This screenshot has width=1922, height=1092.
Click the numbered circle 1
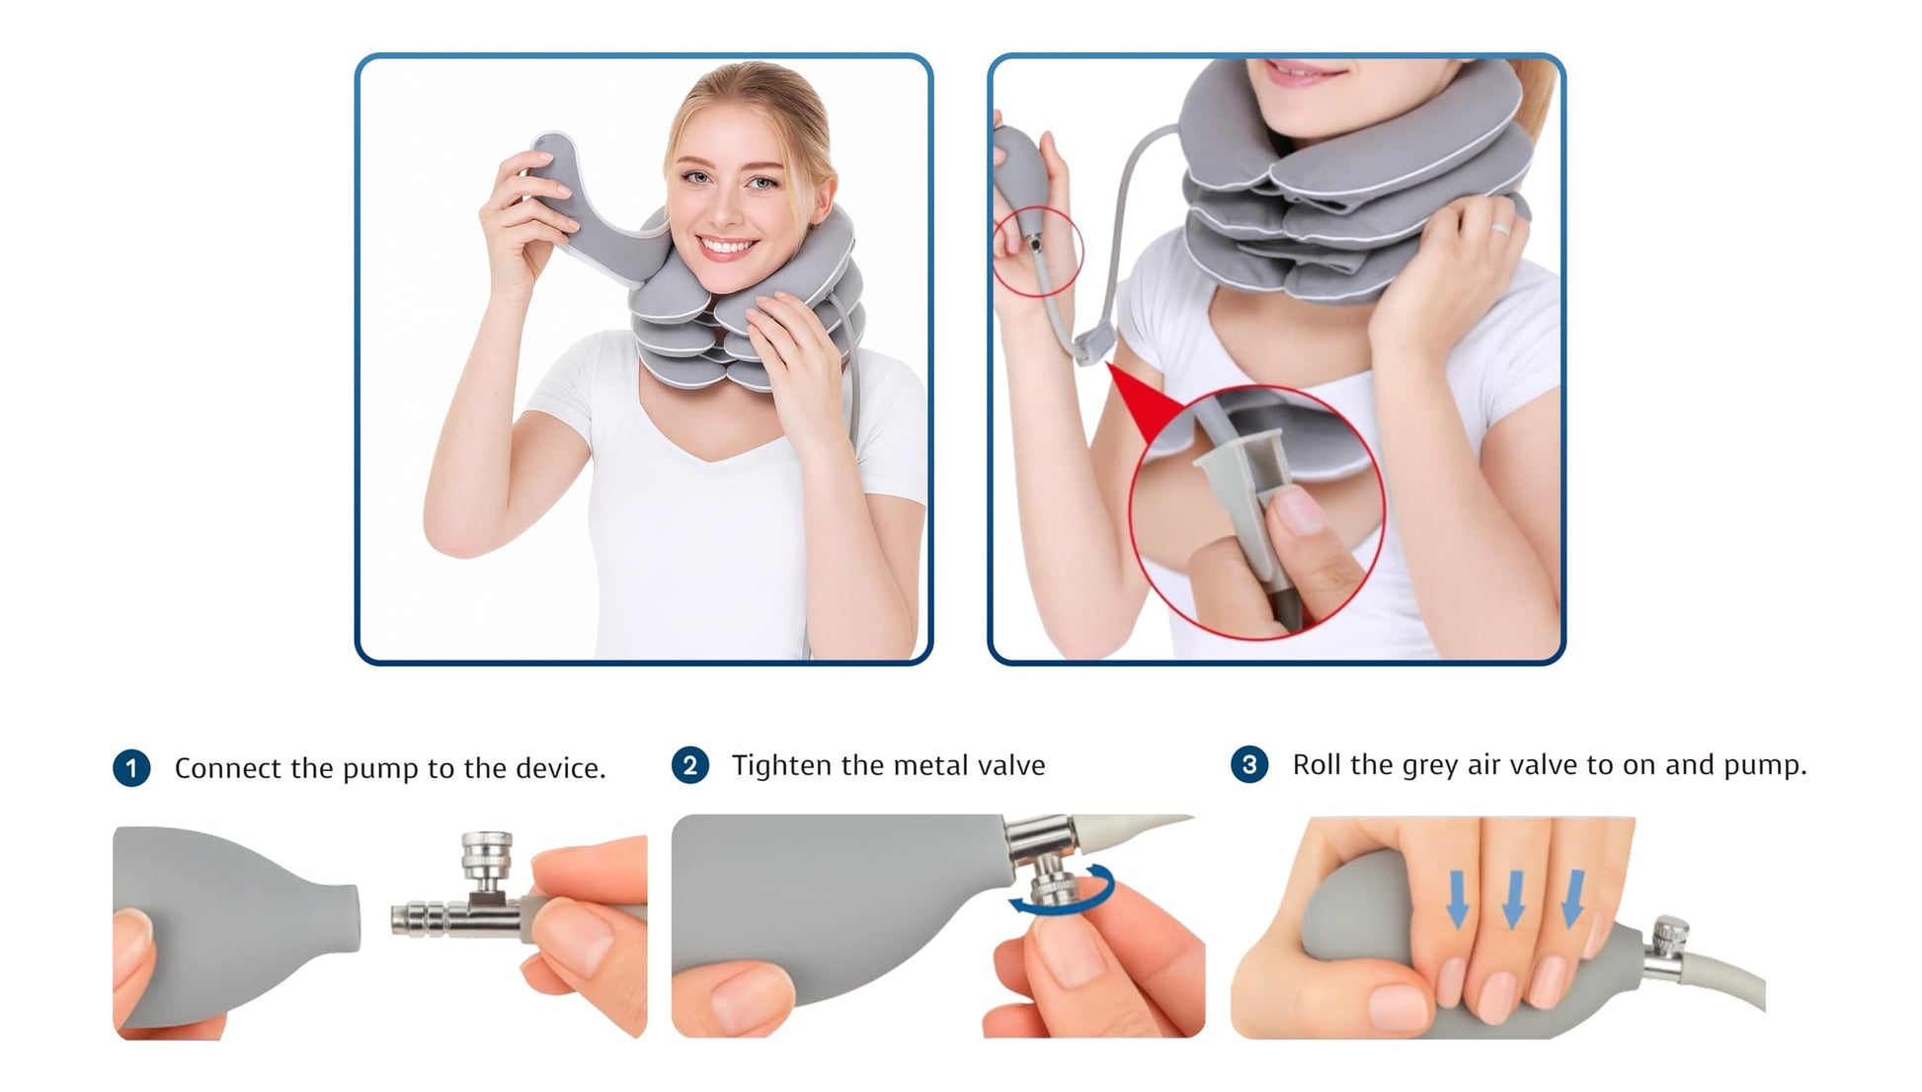coord(131,768)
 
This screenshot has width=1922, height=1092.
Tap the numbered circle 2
coord(689,765)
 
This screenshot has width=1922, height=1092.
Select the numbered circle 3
coord(1249,764)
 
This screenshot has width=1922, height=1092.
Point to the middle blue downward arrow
coord(1513,898)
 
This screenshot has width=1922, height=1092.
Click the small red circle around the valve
coord(1037,252)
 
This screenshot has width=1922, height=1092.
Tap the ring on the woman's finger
coord(1499,229)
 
